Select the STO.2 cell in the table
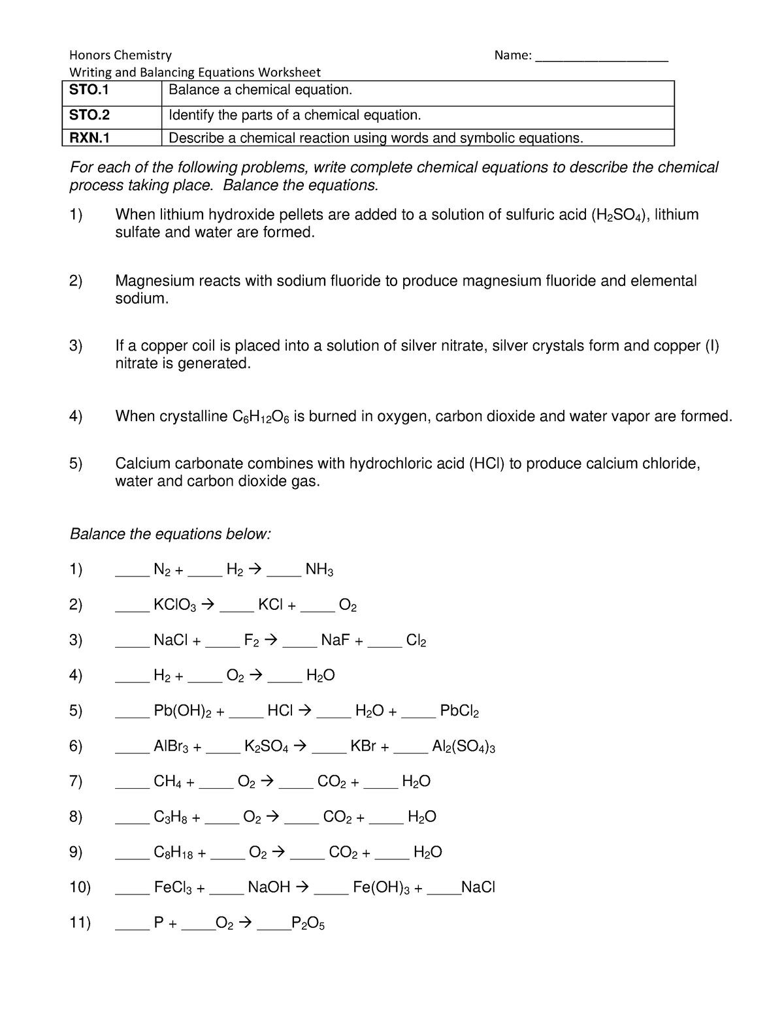[90, 116]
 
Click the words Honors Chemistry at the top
[121, 55]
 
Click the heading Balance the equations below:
[170, 534]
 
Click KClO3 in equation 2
[174, 605]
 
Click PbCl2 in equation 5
[459, 711]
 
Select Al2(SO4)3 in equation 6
[463, 746]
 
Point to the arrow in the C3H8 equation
[272, 816]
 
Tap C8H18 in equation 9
[174, 852]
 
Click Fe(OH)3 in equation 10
[382, 887]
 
